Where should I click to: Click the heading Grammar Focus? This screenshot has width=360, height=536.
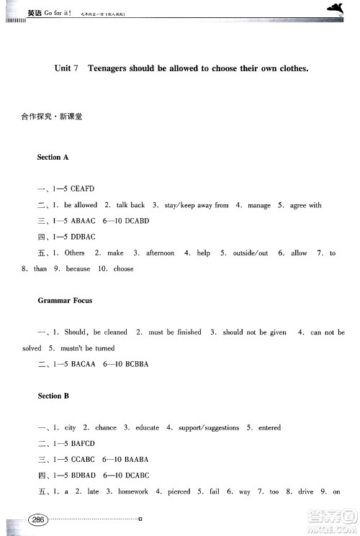coord(65,300)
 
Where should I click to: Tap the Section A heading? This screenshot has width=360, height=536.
coord(53,157)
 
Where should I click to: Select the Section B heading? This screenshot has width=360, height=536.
coord(53,396)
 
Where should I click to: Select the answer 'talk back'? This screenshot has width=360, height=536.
coord(130,205)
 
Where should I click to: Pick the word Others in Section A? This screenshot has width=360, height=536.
coord(75,253)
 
